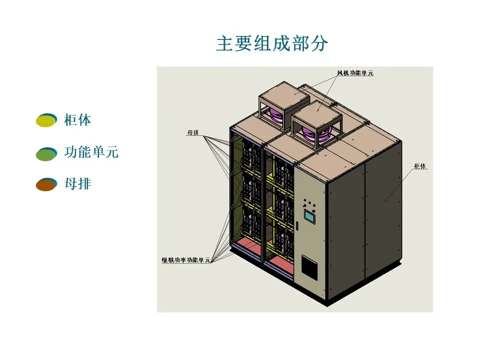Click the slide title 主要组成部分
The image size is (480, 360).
(x=272, y=44)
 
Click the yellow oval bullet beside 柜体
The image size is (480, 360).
(x=45, y=120)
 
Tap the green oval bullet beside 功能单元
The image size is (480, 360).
(x=45, y=154)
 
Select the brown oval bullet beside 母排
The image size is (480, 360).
(x=45, y=185)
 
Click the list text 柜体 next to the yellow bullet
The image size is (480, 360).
(x=77, y=120)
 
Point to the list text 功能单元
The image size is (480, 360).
(x=91, y=152)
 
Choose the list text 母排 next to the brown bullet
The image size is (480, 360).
(x=77, y=183)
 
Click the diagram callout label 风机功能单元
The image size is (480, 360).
(x=355, y=73)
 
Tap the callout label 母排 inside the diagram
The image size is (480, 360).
(x=193, y=133)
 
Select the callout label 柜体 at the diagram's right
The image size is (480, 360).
(x=420, y=166)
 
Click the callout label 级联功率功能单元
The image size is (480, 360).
(x=185, y=260)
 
